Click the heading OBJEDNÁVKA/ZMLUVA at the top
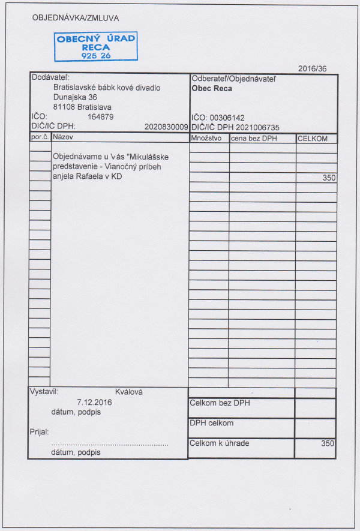click(x=75, y=18)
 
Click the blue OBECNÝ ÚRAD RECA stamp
click(x=95, y=46)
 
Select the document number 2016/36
click(x=312, y=68)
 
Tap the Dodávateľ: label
click(x=50, y=78)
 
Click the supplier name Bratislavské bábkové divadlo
click(x=107, y=88)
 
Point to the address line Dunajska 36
click(x=75, y=97)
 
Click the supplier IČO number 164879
click(x=100, y=117)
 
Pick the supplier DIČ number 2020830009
click(x=166, y=127)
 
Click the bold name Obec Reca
click(x=212, y=89)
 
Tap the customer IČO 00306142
click(x=227, y=118)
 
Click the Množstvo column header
click(x=207, y=139)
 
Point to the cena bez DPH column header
click(x=254, y=139)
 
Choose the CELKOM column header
click(x=313, y=139)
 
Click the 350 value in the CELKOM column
click(x=329, y=178)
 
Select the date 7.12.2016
click(x=95, y=402)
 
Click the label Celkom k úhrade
click(x=219, y=443)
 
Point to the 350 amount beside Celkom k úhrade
click(x=327, y=444)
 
